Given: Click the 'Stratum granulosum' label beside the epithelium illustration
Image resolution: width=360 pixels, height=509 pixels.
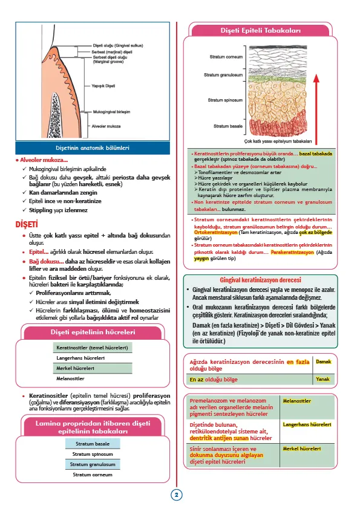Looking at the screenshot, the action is (224, 76).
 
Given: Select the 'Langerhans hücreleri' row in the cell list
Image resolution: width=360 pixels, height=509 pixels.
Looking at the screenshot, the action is (82, 358).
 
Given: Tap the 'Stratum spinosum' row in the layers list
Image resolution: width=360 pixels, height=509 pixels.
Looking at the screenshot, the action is (93, 453).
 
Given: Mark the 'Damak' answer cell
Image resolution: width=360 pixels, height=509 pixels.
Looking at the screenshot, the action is (324, 361).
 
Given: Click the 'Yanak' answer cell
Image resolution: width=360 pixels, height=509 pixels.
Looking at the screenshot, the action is (322, 380).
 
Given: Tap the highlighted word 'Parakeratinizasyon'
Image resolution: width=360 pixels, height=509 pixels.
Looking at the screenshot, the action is (292, 252).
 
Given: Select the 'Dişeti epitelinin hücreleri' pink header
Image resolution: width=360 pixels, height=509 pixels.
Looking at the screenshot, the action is (92, 331).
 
